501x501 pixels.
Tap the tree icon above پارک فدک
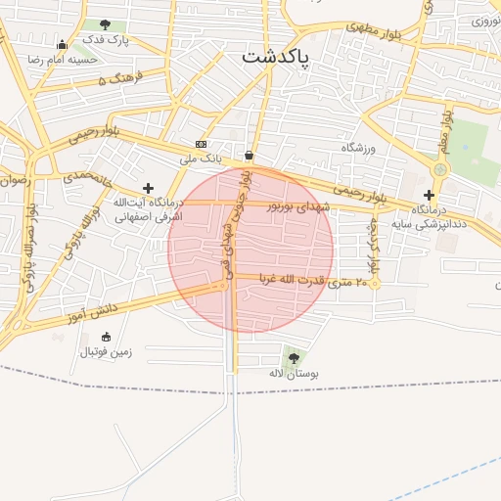(105, 24)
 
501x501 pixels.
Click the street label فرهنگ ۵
(120, 76)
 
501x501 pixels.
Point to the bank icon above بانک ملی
(201, 144)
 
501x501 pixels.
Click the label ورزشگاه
(358, 147)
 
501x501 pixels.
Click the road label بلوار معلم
(447, 129)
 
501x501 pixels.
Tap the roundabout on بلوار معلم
(440, 170)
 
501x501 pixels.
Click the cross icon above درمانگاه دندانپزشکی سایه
(429, 195)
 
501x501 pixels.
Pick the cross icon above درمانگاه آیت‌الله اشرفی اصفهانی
(148, 188)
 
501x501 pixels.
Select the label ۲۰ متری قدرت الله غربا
(313, 282)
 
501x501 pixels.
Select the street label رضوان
(15, 180)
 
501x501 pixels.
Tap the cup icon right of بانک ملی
(249, 155)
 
